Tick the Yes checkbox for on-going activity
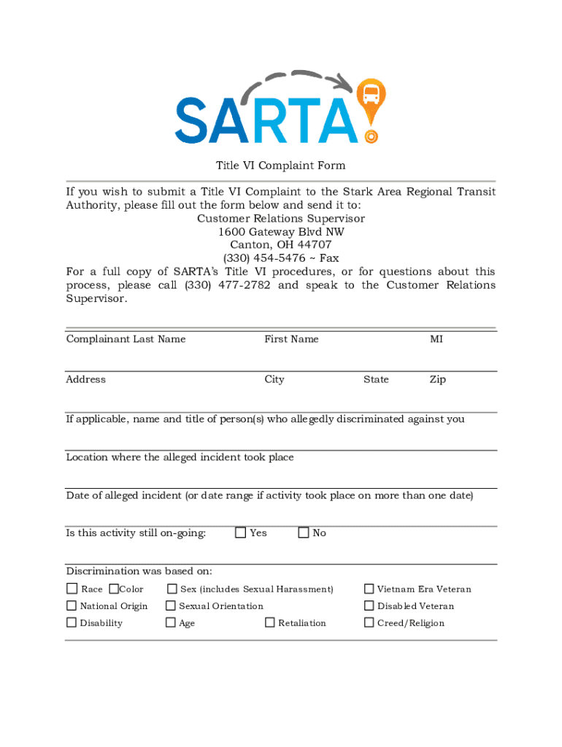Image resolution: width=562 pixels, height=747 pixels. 240,533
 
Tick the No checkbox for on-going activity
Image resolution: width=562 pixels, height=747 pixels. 304,533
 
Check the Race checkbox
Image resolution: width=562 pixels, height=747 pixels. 72,589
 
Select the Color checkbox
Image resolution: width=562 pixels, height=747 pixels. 114,589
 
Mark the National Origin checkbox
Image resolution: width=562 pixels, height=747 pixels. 72,605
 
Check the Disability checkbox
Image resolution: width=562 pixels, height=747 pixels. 72,622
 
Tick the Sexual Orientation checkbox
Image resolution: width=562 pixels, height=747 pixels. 171,605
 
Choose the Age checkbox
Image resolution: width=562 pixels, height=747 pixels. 171,622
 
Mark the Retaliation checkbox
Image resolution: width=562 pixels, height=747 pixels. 270,622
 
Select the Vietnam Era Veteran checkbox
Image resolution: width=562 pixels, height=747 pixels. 369,589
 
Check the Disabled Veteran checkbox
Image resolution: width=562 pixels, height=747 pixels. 369,605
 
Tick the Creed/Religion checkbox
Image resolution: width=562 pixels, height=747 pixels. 369,622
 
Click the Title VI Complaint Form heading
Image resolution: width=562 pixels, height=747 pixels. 280,166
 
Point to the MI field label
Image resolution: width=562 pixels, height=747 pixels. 436,339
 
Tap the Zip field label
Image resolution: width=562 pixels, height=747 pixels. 437,379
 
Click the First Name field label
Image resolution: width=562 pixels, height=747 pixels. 291,339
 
